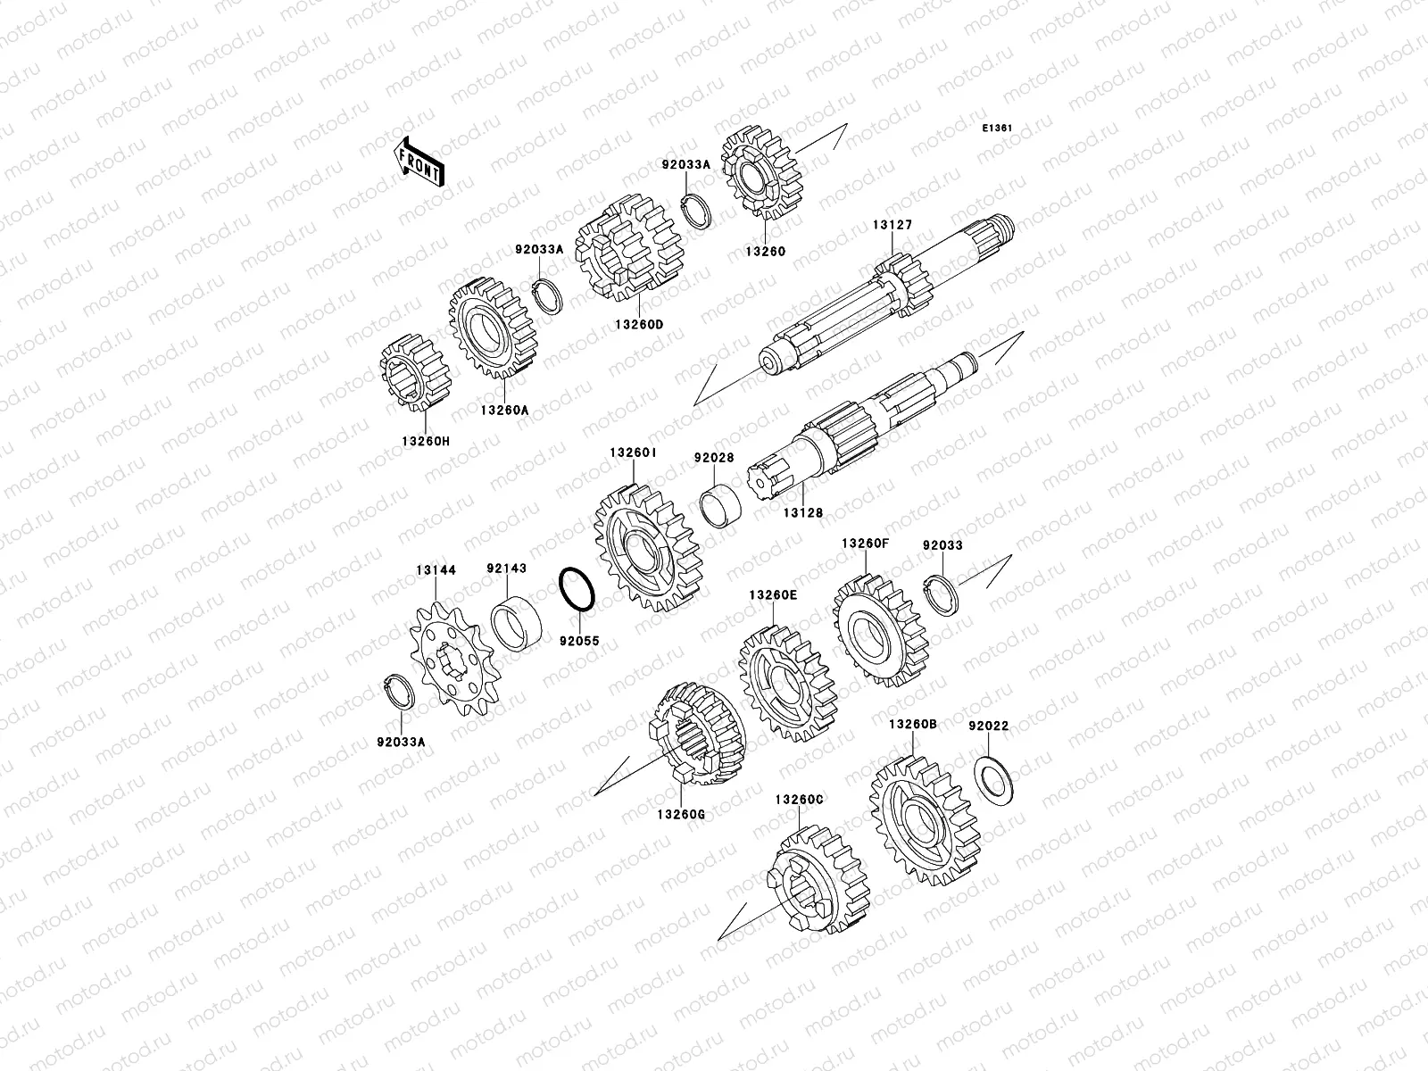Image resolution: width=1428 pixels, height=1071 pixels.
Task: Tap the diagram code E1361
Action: [997, 129]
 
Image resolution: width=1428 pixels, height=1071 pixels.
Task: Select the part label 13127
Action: [892, 225]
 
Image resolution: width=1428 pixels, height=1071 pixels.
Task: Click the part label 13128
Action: [802, 512]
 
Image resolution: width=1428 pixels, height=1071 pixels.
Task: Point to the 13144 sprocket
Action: [455, 658]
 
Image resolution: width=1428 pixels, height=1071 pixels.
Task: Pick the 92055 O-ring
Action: [577, 589]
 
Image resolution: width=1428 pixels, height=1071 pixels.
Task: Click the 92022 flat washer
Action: [993, 780]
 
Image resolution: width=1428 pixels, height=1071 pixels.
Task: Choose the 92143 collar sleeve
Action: [516, 623]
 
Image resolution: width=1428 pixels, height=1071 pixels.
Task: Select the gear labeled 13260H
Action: [415, 373]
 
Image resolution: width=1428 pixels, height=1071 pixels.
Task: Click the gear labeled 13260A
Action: [494, 328]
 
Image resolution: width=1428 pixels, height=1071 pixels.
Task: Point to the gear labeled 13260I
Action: [649, 547]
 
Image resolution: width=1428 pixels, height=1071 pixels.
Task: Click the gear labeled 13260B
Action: [925, 820]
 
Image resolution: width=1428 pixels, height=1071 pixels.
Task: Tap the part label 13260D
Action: [639, 325]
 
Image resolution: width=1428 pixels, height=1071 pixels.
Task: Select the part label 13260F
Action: [865, 543]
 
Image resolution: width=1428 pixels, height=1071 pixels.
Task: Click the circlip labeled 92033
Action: [941, 595]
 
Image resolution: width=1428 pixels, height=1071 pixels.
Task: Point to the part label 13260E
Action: [773, 595]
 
